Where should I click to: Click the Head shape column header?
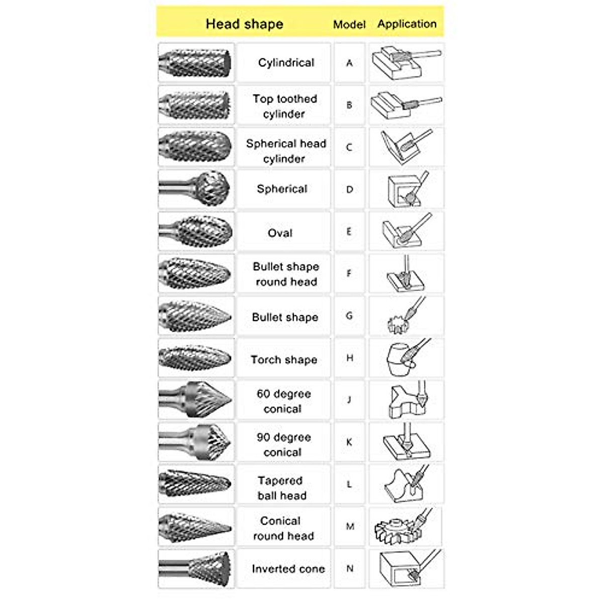pos(244,24)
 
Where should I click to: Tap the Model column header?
pos(349,24)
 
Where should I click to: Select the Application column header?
pos(407,24)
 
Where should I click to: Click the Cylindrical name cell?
pos(286,63)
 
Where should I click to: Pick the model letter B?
pos(349,106)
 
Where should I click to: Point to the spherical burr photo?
pos(196,189)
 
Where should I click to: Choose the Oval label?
pos(280,233)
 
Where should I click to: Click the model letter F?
pos(349,274)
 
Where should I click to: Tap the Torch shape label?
pos(284,360)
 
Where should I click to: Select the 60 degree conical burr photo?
pos(196,399)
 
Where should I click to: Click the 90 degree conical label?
pos(283,444)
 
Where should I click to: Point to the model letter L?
pos(349,484)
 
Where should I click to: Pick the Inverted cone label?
pos(288,569)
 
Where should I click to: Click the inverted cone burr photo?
pos(196,568)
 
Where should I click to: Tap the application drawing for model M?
pos(406,527)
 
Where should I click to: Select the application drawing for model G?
pos(406,316)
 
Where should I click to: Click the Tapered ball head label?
pos(281,488)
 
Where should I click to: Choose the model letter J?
pos(349,400)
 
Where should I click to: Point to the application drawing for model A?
pos(406,62)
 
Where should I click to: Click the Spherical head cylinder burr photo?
pos(196,147)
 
